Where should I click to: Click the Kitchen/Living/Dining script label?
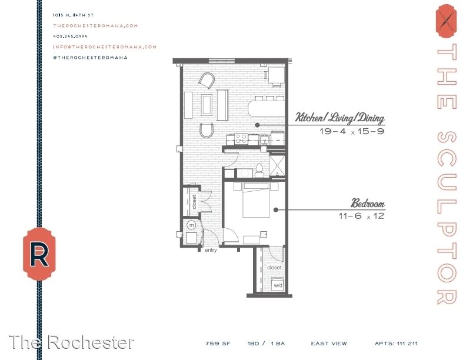tap(339, 118)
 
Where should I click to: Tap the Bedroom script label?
tap(368, 203)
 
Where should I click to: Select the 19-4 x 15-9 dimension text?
tap(352, 131)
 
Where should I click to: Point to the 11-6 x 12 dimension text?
tap(361, 216)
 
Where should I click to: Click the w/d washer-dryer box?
tap(278, 285)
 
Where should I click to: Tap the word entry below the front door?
tap(211, 250)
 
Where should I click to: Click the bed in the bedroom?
tap(256, 200)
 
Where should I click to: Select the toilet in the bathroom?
tap(259, 171)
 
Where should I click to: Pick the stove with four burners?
tap(241, 138)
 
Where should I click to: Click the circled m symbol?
tap(192, 225)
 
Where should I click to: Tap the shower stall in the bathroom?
tap(277, 165)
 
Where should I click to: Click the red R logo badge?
tap(39, 254)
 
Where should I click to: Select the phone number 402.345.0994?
tap(71, 36)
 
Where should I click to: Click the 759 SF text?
tap(218, 344)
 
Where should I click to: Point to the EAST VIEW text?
tap(329, 344)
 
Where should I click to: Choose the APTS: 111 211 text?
tap(396, 344)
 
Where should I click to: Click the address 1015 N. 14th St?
tap(74, 15)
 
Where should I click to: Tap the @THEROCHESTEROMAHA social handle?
tap(91, 58)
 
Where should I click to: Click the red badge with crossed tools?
tap(446, 21)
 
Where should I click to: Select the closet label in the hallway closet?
tap(194, 202)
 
